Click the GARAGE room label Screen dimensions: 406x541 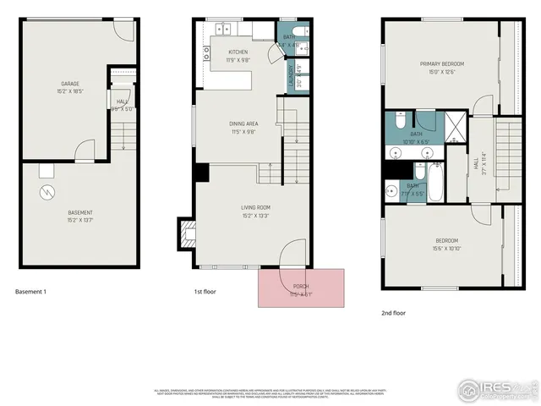click(69, 85)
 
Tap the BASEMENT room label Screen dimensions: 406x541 click(80, 213)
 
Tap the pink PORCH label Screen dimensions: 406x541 click(302, 288)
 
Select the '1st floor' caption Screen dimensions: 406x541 click(205, 292)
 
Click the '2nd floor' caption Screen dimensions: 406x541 click(393, 313)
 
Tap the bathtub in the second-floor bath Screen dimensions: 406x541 click(435, 182)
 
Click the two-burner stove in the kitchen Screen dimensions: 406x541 click(205, 54)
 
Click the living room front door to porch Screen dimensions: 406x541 click(292, 254)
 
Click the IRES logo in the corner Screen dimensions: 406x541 click(498, 388)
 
